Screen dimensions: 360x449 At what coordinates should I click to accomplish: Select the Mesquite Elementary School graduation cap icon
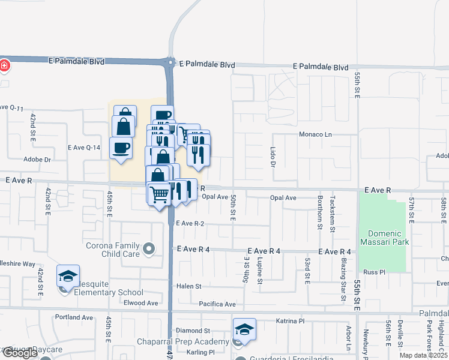coord(68,276)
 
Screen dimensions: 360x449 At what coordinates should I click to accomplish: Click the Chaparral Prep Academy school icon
coord(245,329)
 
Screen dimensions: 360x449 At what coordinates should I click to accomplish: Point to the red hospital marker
coord(4,65)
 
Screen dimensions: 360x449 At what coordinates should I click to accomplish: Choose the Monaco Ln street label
coord(315,134)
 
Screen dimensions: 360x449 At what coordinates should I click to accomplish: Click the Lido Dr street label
coord(273,156)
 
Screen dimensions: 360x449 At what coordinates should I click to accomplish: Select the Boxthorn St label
coord(320,212)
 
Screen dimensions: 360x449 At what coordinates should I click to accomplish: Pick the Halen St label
coord(188,286)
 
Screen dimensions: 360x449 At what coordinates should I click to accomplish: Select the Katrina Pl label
coord(291,321)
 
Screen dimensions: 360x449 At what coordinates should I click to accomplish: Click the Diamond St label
coord(193,331)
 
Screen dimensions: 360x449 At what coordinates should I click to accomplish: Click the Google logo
coord(20,353)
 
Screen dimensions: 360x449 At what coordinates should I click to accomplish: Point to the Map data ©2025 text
coord(423,355)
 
